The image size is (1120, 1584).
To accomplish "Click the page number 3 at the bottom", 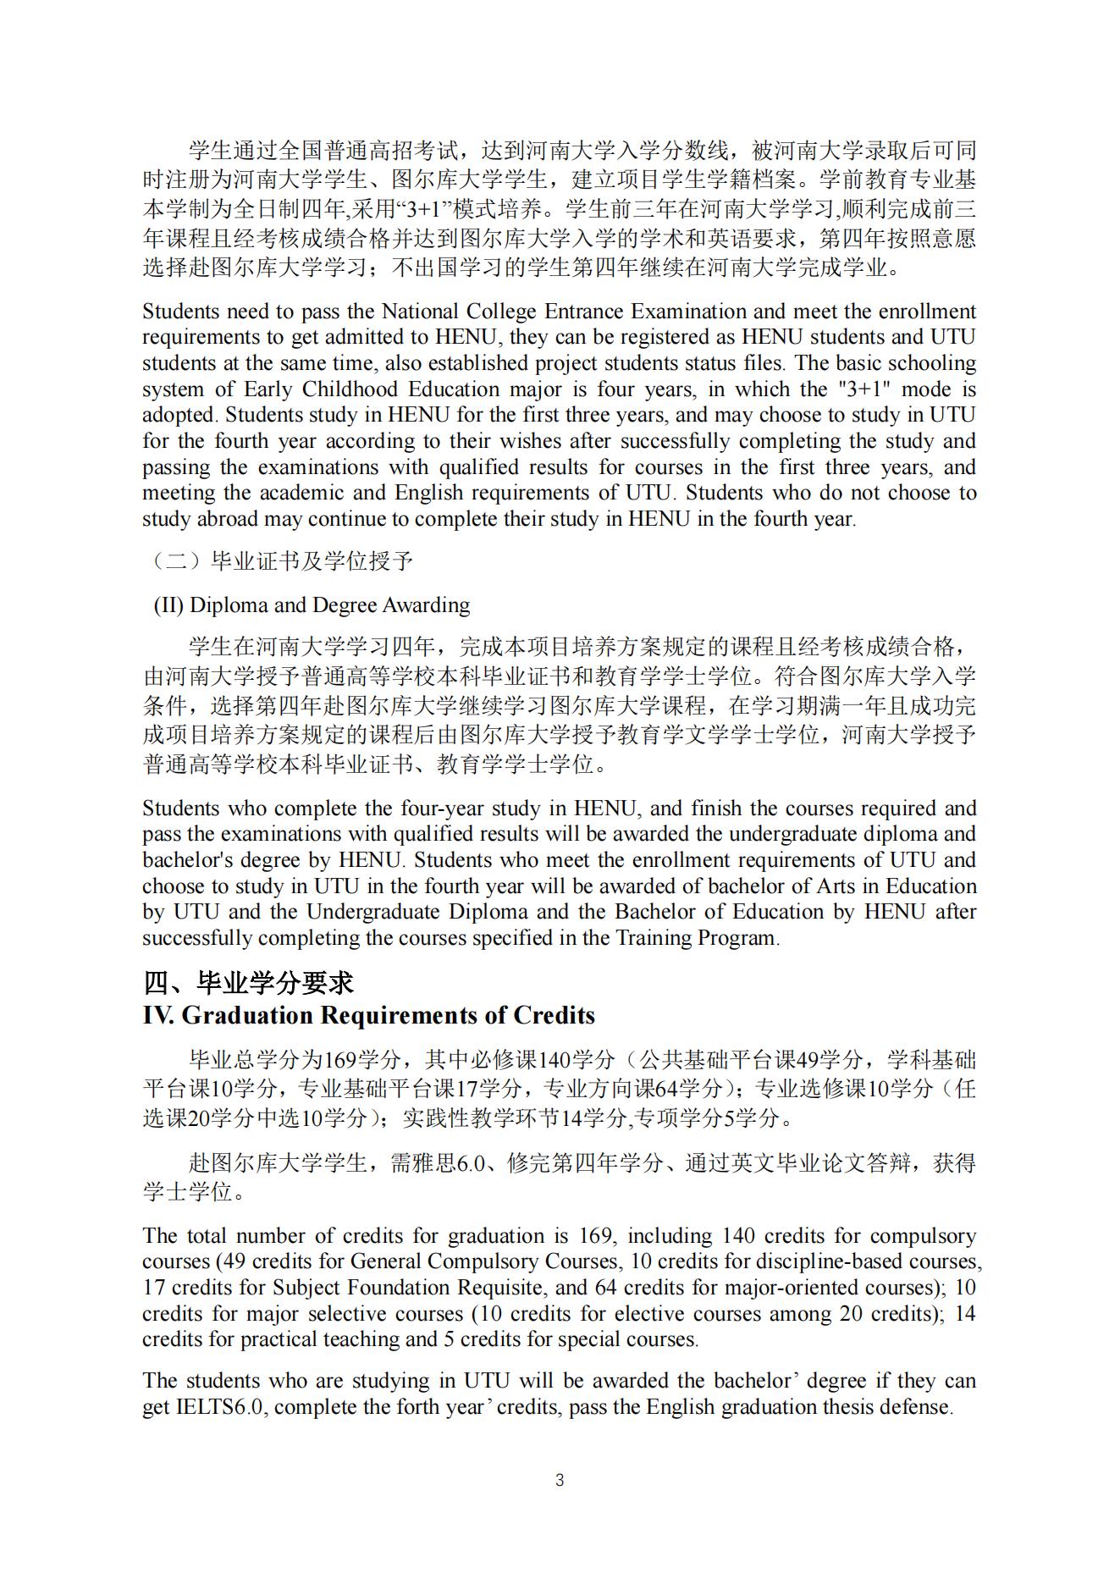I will (x=559, y=1480).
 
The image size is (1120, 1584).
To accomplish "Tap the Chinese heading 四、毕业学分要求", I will (x=248, y=983).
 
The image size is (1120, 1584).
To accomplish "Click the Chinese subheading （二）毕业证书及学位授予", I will (x=283, y=561).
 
